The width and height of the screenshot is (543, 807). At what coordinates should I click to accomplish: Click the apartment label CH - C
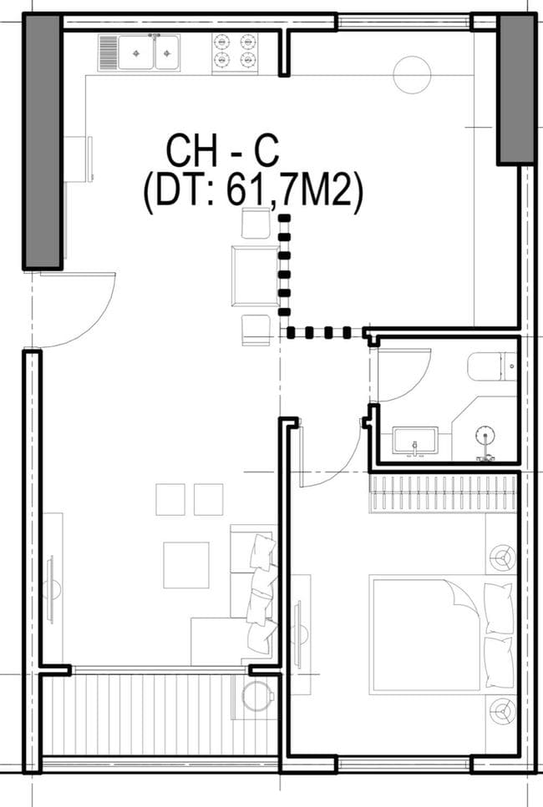221,150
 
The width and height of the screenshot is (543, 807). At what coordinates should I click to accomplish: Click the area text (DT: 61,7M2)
252,193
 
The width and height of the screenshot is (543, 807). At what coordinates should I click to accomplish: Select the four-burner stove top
234,51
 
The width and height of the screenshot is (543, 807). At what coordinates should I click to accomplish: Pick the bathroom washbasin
415,440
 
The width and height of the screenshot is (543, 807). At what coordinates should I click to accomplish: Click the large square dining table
255,275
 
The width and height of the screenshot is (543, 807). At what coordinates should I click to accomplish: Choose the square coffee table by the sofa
185,565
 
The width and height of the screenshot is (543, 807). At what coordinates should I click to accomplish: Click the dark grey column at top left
43,142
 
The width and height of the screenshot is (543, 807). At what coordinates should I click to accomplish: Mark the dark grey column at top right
516,88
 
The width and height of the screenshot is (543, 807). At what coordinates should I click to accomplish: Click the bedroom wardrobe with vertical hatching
444,494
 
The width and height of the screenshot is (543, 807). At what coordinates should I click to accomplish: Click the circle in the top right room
411,74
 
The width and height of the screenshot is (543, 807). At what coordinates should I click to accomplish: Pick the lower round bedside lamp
502,711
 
